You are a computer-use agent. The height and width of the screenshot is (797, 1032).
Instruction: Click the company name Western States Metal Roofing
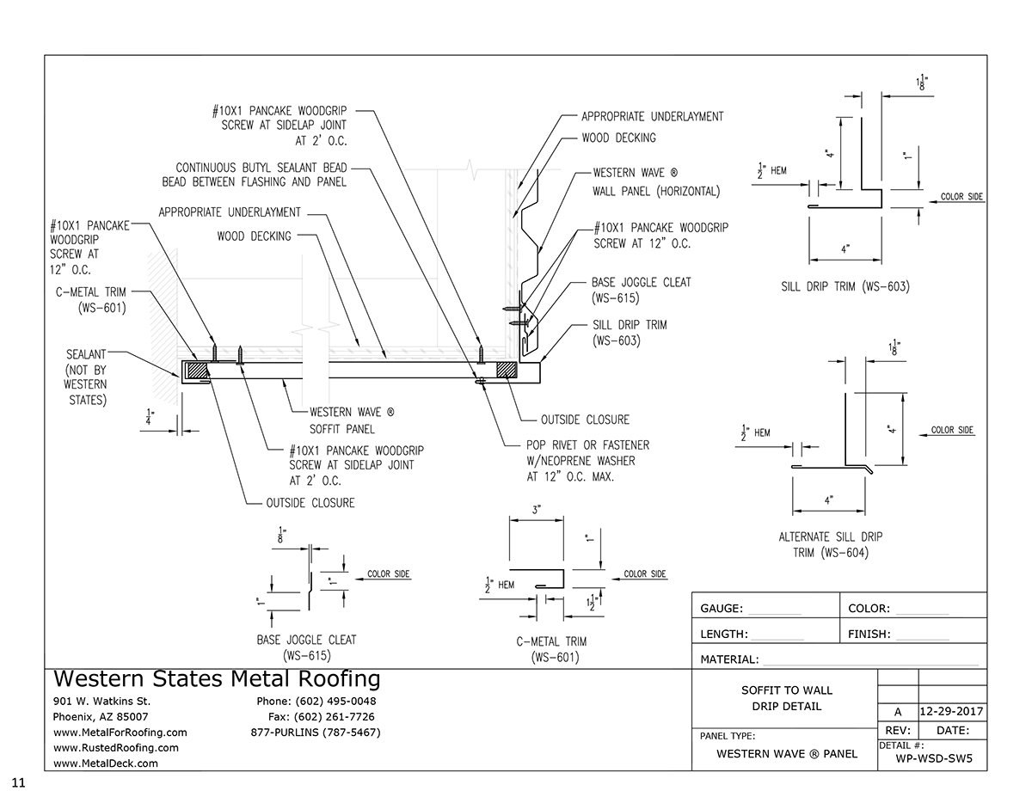click(217, 679)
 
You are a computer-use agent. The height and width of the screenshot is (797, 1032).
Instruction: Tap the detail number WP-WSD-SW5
click(934, 758)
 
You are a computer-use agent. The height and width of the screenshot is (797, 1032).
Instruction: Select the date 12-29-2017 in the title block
click(951, 711)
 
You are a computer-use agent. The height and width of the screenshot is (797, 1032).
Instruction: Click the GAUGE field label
click(722, 609)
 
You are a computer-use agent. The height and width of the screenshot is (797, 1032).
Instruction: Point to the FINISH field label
click(869, 635)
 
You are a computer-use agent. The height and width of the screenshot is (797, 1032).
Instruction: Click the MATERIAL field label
click(729, 659)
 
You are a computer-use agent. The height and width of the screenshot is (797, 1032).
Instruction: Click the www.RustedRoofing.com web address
click(116, 748)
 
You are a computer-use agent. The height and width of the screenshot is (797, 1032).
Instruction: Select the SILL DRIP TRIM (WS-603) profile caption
click(845, 286)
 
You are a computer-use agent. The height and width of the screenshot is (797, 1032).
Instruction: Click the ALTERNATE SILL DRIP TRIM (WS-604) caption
click(831, 544)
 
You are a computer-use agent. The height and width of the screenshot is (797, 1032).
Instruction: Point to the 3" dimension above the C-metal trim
click(537, 510)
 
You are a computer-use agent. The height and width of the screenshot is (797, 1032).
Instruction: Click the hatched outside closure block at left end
click(196, 371)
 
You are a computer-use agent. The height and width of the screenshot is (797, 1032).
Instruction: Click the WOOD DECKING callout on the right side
click(619, 138)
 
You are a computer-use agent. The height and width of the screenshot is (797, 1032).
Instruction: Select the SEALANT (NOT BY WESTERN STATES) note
click(86, 377)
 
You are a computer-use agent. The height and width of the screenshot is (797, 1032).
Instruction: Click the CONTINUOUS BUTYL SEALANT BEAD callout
click(255, 175)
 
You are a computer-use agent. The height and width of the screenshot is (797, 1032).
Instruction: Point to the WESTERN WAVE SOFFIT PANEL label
click(352, 420)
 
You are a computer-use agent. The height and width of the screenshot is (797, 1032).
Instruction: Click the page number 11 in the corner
click(18, 782)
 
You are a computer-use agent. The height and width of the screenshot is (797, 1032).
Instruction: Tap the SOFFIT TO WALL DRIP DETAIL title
click(786, 698)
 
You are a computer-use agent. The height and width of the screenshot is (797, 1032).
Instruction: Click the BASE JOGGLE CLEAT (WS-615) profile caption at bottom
click(307, 648)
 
